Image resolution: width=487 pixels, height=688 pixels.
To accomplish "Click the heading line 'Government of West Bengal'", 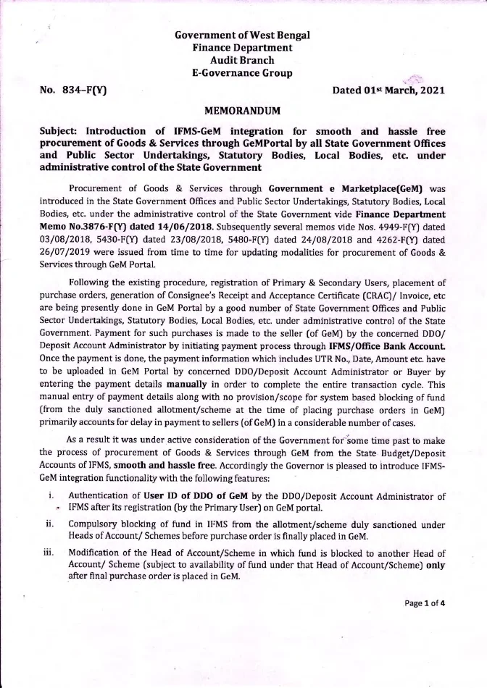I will [242, 35].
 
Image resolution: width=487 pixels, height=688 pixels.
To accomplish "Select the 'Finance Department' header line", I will [242, 47].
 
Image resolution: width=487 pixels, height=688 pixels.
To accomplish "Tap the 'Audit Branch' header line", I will [242, 60].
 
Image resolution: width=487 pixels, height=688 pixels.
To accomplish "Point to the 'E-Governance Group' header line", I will [242, 73].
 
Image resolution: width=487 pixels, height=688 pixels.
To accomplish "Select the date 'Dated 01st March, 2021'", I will [388, 91].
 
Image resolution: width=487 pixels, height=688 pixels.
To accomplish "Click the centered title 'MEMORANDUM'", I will [242, 112].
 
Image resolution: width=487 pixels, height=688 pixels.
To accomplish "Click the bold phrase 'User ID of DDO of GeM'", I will [180, 475].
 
